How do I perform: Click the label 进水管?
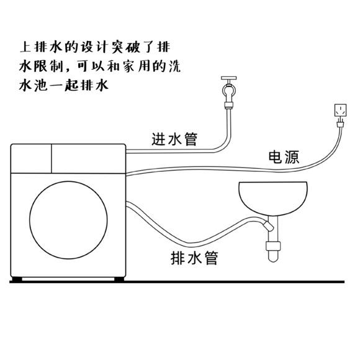[x=174, y=139]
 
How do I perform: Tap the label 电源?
[x=284, y=157]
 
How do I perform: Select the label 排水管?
[x=194, y=258]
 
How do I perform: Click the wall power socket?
[x=340, y=110]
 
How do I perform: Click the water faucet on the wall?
[x=229, y=92]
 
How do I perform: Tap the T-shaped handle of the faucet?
[x=229, y=79]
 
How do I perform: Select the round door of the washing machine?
[x=68, y=220]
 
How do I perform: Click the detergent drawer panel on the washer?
[x=31, y=159]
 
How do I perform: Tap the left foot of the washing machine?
[x=17, y=279]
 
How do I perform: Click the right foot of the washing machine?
[x=119, y=279]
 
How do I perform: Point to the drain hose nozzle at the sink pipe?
[x=268, y=225]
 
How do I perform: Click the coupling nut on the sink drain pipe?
[x=273, y=246]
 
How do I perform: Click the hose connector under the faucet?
[x=229, y=106]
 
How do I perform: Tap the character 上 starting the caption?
[x=25, y=47]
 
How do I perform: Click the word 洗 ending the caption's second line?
[x=174, y=66]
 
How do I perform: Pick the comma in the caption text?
[x=69, y=70]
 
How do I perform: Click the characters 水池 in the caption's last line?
[x=34, y=86]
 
